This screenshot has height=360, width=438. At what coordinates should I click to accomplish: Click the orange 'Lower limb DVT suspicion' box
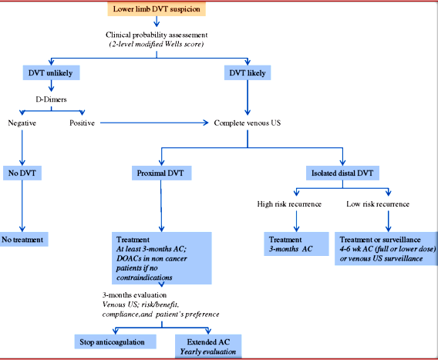tap(157, 9)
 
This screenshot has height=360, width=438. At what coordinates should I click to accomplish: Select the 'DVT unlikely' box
tap(51, 73)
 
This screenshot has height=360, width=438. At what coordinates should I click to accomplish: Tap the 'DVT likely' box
tap(248, 73)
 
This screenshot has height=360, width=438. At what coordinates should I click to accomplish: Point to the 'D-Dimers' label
tap(51, 99)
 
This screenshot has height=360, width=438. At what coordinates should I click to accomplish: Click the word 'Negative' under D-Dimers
tap(22, 123)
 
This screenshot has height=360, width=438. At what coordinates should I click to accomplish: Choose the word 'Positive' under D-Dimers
tap(82, 123)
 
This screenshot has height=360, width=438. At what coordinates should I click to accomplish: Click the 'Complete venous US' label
tap(248, 123)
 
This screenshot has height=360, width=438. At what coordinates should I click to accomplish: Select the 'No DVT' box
tap(22, 173)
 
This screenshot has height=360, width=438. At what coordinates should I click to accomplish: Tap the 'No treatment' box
tap(23, 239)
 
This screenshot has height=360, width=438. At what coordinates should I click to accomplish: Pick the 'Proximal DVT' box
tap(161, 173)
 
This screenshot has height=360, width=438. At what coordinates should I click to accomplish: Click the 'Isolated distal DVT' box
tap(342, 173)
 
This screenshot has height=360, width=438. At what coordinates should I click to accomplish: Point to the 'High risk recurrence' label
tap(289, 204)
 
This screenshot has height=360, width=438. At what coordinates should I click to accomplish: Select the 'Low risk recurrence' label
tap(378, 204)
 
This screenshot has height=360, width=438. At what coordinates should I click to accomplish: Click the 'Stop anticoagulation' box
tap(115, 341)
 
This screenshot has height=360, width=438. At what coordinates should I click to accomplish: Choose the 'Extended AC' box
tap(208, 346)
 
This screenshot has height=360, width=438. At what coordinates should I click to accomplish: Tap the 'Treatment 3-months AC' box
tap(296, 244)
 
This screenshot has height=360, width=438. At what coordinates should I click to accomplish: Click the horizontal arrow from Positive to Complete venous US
tap(154, 123)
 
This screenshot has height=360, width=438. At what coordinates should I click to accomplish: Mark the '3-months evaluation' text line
tap(134, 295)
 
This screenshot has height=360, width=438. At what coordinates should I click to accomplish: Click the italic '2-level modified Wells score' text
tap(157, 44)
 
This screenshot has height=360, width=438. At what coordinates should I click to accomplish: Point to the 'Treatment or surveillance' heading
tap(380, 240)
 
